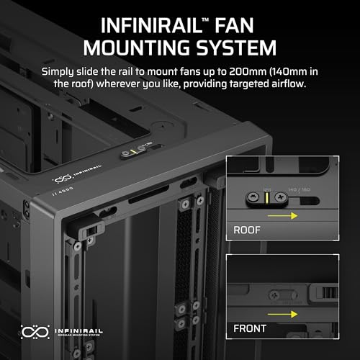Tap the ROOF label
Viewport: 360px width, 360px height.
pyautogui.click(x=248, y=231)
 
